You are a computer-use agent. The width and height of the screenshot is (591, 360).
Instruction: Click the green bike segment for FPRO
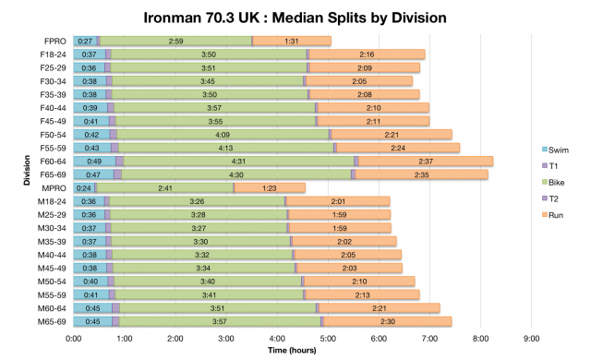pyautogui.click(x=175, y=42)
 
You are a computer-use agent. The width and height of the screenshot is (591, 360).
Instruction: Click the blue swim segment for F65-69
pyautogui.click(x=93, y=174)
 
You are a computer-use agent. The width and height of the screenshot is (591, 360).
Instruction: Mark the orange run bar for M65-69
pyautogui.click(x=388, y=321)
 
